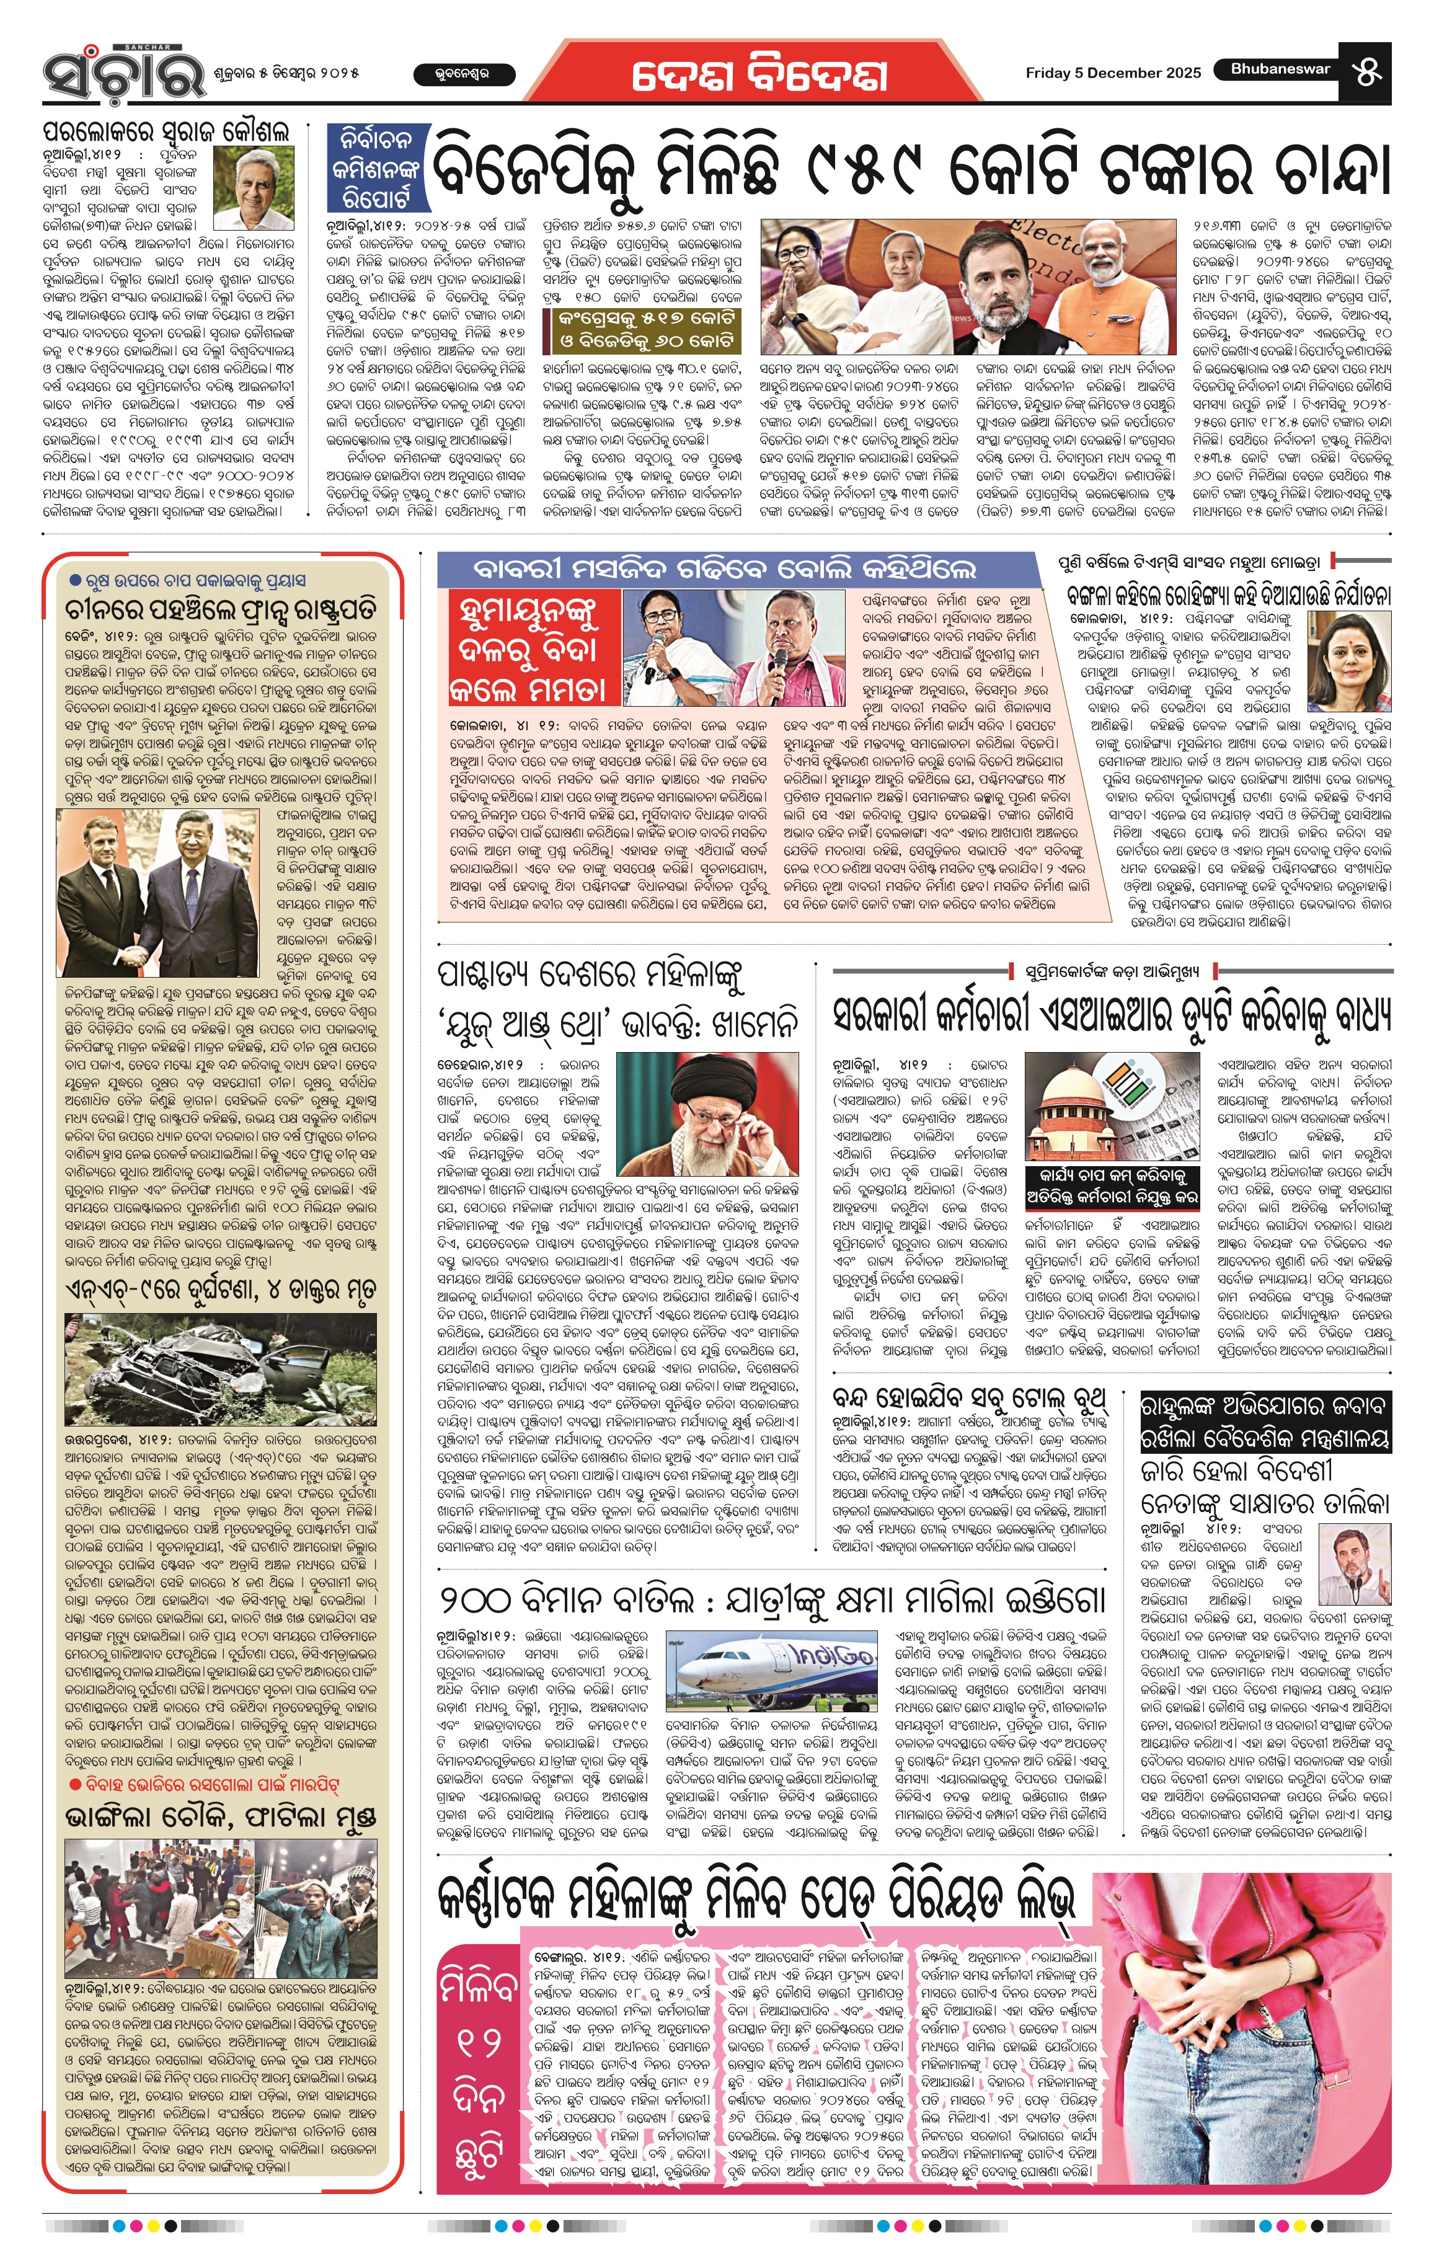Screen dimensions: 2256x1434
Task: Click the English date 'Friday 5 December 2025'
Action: (1113, 72)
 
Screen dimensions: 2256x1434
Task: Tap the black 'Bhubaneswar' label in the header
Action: (1280, 68)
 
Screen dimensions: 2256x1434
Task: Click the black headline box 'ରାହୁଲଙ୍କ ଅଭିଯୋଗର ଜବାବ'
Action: (1265, 1422)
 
